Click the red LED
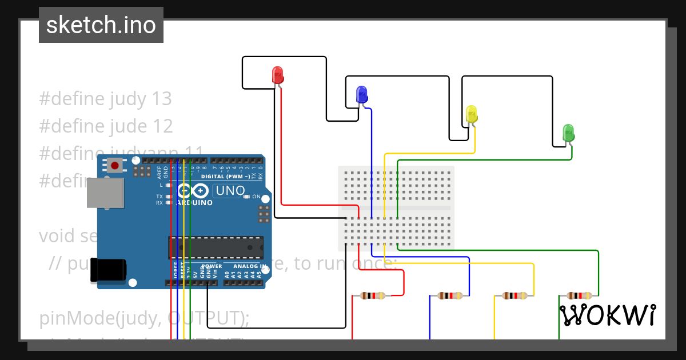[x=277, y=75]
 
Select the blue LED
[x=361, y=94]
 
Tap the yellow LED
[x=471, y=114]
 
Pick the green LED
[x=568, y=133]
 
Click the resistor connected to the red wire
[x=372, y=295]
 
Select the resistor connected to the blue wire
[x=450, y=295]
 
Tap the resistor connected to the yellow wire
[x=514, y=295]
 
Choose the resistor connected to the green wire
[x=579, y=295]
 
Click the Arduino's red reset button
[x=115, y=166]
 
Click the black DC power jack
[x=109, y=270]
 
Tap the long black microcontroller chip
[x=216, y=247]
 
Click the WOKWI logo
[x=607, y=315]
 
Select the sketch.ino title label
[x=101, y=25]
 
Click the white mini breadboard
[x=397, y=208]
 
